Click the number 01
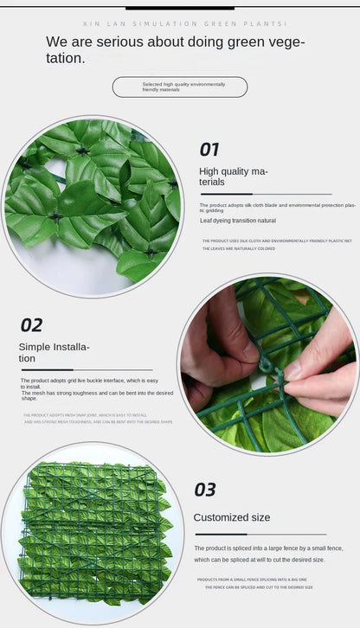pos(209,150)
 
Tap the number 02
pos(31,325)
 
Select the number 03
pos(205,490)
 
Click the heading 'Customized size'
pos(231,517)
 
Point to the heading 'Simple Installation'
pos(54,352)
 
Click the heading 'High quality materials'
pos(234,176)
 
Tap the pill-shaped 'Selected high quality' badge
pos(180,87)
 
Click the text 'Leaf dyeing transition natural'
pos(238,221)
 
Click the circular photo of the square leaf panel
pos(93,533)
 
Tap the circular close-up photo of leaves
pos(93,206)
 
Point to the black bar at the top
pos(180,7)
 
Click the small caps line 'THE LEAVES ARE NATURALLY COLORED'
pos(239,248)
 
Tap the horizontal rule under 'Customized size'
pos(260,535)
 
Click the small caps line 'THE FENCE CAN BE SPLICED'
pos(259,586)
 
